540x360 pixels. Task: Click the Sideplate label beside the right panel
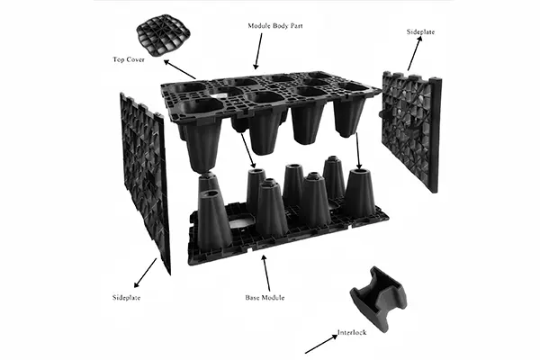click(x=422, y=31)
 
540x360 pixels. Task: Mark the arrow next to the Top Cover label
click(x=179, y=69)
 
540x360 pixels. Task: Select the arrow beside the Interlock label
click(x=319, y=344)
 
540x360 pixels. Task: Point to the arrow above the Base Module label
click(x=265, y=269)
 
